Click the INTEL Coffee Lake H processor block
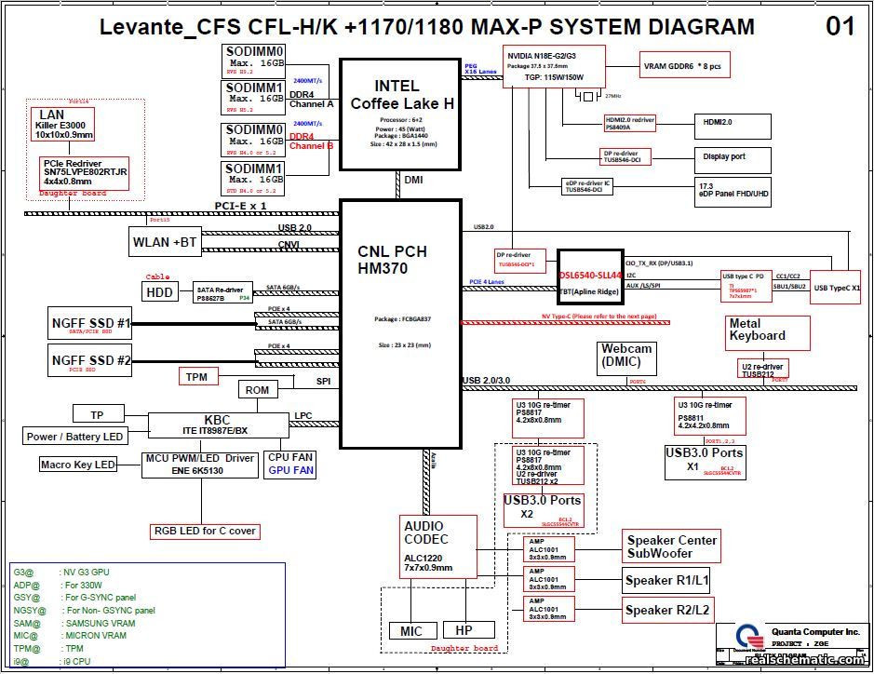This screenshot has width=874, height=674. click(401, 115)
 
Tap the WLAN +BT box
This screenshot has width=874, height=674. click(165, 242)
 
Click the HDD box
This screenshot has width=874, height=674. click(158, 291)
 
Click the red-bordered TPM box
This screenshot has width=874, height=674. click(197, 376)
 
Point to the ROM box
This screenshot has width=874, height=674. click(257, 390)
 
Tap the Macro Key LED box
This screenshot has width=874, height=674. click(78, 464)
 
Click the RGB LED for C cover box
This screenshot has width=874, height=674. click(205, 532)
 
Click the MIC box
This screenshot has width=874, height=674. click(410, 630)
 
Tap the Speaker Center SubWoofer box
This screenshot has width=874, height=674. click(671, 546)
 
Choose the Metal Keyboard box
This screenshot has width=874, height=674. click(757, 330)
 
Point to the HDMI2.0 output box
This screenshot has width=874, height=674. click(732, 122)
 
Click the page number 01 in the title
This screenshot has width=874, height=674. click(840, 27)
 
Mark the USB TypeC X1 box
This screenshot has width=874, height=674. click(836, 287)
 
